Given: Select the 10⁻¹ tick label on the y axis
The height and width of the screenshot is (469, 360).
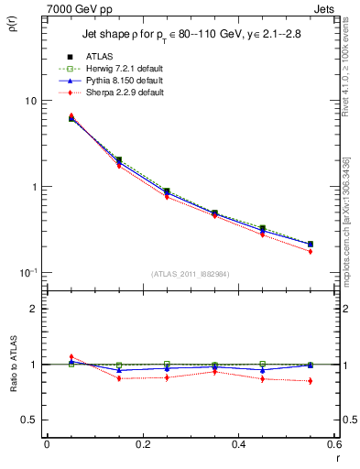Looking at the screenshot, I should [30, 273].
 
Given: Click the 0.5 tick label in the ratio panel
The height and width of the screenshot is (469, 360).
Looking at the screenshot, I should [30, 420].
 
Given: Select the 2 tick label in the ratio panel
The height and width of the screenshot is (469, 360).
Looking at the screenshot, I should [35, 310].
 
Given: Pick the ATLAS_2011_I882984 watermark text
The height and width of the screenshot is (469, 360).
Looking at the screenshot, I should [190, 274].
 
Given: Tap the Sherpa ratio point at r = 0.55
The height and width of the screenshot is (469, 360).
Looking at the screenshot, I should [310, 381].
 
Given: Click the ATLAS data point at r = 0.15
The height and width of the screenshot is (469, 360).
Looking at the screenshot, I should [119, 159].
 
